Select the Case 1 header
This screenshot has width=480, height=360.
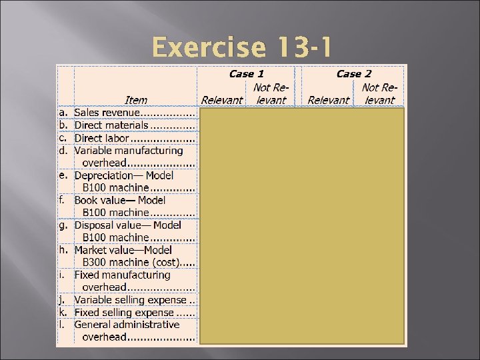coord(246,74)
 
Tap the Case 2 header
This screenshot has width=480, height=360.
coord(353,74)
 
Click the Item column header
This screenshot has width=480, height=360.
coord(135,100)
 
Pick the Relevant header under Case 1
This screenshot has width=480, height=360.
coord(221,100)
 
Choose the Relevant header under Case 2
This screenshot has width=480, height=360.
coord(328,100)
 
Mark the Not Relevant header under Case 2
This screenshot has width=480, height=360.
coord(379,94)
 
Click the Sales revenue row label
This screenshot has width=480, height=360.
coord(106,113)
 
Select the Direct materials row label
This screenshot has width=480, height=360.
coord(111,125)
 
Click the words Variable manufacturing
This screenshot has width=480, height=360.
coord(128,151)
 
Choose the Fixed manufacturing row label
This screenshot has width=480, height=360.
coord(122,275)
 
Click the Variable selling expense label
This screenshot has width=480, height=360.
coord(130,300)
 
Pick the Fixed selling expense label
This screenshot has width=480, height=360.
coord(124,312)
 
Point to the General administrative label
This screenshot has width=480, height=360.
coord(127,325)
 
